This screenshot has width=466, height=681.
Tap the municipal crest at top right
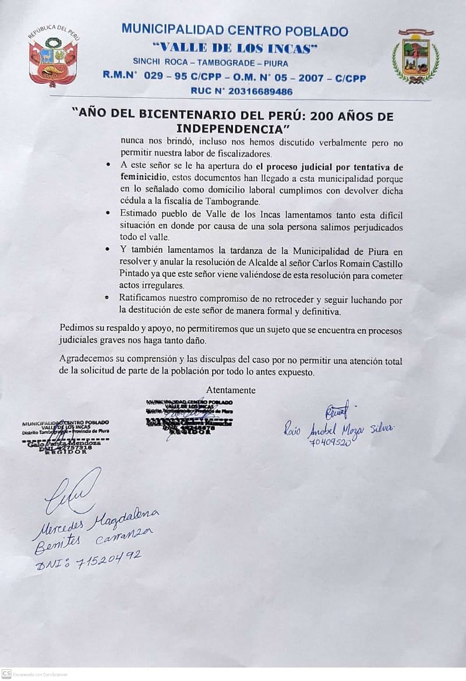point(415,57)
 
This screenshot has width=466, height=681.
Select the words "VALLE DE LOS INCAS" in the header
point(235,48)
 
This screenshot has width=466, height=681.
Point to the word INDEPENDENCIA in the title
point(233,128)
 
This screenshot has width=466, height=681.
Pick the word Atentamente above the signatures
point(231,390)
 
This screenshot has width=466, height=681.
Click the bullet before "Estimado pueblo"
point(109,214)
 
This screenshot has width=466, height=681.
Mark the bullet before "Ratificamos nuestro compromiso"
point(109,298)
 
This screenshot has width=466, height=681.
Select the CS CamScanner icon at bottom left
point(6,673)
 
